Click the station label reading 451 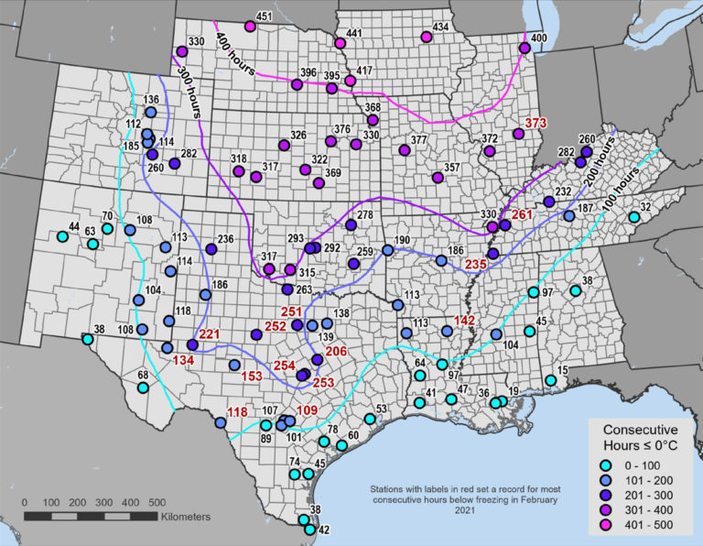(265, 16)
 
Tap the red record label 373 (535, 123)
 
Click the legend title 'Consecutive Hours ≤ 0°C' (641, 436)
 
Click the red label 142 (465, 320)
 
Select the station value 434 (441, 27)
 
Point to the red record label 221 (210, 333)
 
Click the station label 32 (645, 207)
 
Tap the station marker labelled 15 (551, 380)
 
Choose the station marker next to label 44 (62, 235)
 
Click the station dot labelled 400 (525, 48)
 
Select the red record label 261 (523, 214)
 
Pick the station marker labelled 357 (437, 177)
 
